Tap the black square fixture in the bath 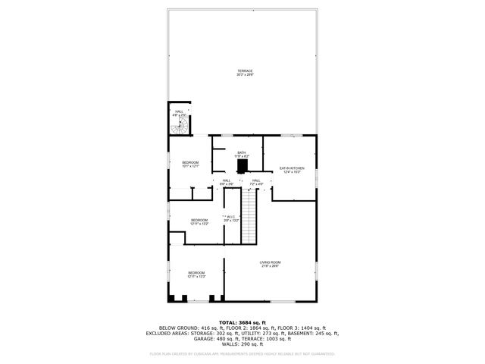242,166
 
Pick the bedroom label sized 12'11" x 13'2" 199,222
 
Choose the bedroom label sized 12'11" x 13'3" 196,275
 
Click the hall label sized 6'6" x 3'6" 227,182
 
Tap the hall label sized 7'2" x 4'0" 256,182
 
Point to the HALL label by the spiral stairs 180,113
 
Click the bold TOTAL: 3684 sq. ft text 242,322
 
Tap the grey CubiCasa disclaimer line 242,353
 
